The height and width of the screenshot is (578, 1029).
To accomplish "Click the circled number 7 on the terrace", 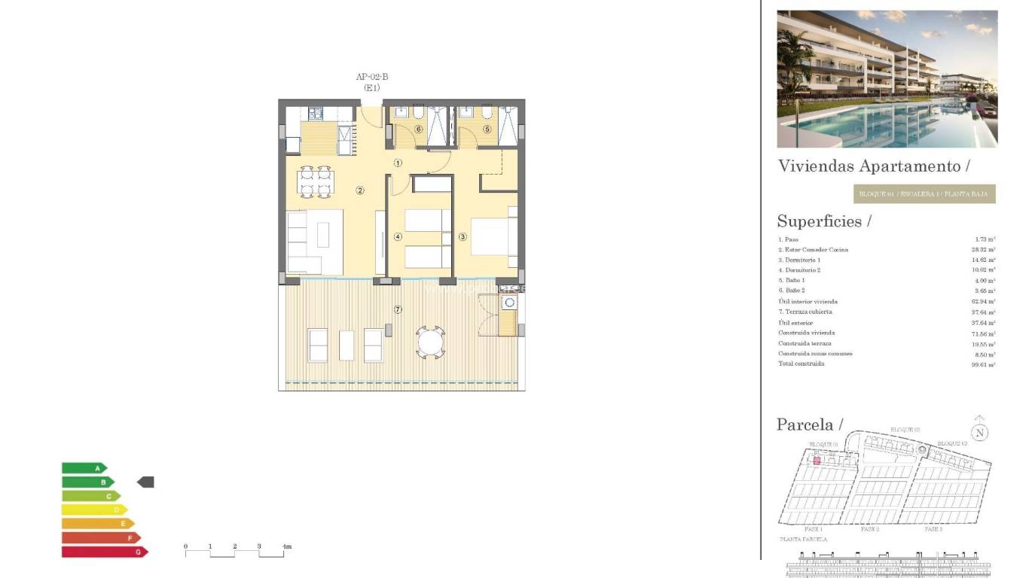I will pyautogui.click(x=398, y=309).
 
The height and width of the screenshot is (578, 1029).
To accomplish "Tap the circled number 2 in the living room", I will pyautogui.click(x=360, y=190).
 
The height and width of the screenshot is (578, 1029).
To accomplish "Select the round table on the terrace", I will pyautogui.click(x=431, y=343).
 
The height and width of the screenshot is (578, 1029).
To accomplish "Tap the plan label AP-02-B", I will pyautogui.click(x=372, y=77).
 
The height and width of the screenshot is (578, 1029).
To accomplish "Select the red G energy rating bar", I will pyautogui.click(x=104, y=552).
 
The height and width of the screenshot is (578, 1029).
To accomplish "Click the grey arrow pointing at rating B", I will pyautogui.click(x=145, y=482).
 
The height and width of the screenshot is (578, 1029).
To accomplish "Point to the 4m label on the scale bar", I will pyautogui.click(x=286, y=546).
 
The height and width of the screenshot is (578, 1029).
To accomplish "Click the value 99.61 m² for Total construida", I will pyautogui.click(x=983, y=364).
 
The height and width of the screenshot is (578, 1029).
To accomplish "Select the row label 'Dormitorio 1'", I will pyautogui.click(x=799, y=260).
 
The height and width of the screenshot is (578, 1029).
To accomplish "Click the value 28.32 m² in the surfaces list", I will pyautogui.click(x=983, y=249).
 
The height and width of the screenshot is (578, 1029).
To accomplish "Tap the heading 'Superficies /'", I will pyautogui.click(x=823, y=221).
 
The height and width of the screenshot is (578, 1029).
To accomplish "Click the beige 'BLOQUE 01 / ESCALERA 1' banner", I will pyautogui.click(x=924, y=194).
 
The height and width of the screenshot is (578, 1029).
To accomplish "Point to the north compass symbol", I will pyautogui.click(x=979, y=432).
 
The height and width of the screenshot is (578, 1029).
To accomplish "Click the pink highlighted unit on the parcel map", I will pyautogui.click(x=816, y=460).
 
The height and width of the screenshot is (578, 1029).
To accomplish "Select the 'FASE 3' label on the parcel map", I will pyautogui.click(x=933, y=530).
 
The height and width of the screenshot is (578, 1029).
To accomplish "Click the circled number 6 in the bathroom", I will pyautogui.click(x=419, y=129).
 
